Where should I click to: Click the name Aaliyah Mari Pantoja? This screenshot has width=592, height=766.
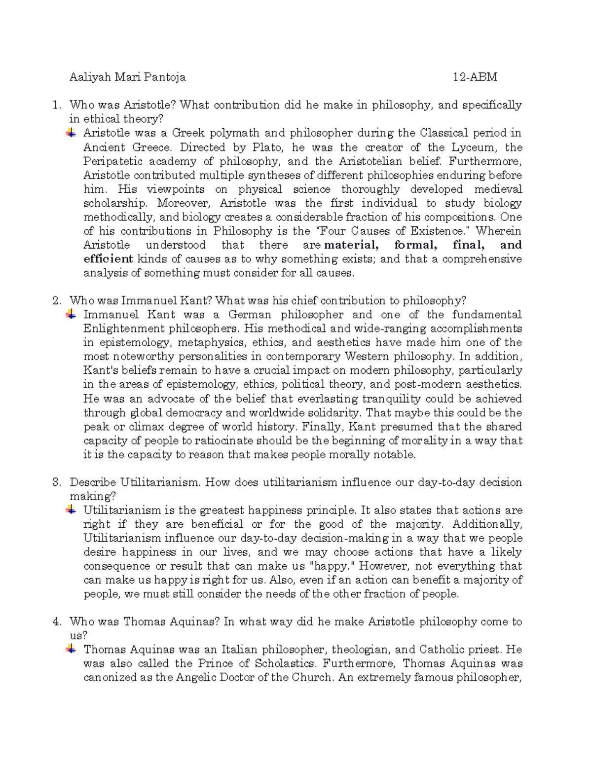127,77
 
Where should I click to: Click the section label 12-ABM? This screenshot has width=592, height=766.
475,77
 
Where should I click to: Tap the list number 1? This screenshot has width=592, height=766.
57,105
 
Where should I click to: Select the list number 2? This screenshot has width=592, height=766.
57,301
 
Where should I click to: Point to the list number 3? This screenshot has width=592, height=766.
57,482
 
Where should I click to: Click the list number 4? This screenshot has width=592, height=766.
57,622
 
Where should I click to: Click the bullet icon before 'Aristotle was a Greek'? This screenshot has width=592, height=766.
72,133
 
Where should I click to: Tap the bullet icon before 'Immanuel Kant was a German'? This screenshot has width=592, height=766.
72,314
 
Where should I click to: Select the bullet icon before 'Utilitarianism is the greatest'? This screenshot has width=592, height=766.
72,510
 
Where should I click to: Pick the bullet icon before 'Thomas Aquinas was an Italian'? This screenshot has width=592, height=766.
72,649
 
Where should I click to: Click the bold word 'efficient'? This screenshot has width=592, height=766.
108,259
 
